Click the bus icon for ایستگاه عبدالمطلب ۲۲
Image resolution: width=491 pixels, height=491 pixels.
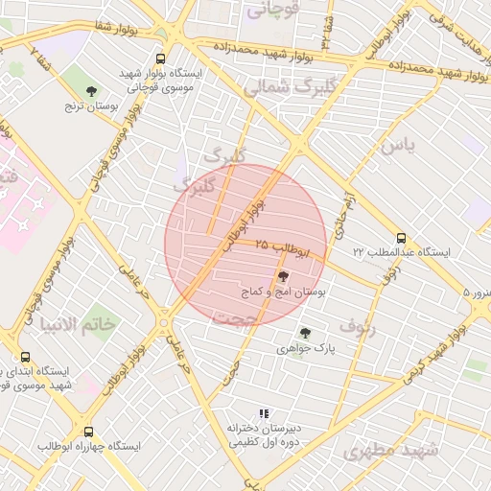click(x=401, y=239)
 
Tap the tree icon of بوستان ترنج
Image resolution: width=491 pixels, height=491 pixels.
click(x=91, y=92)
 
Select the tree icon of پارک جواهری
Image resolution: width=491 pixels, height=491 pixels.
click(x=305, y=333)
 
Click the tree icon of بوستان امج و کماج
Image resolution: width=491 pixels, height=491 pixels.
click(x=282, y=275)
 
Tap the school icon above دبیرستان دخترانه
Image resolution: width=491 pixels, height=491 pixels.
click(x=264, y=412)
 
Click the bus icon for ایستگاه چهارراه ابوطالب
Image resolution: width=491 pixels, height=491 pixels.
click(x=89, y=433)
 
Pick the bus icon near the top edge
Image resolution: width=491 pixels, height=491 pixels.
click(x=172, y=58)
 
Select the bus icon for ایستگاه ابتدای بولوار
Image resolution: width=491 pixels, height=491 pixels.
click(x=25, y=357)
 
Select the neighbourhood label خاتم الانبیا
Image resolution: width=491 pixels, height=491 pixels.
click(x=79, y=324)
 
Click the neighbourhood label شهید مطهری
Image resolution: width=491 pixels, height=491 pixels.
click(x=391, y=450)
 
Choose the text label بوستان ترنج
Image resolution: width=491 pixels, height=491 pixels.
click(x=92, y=108)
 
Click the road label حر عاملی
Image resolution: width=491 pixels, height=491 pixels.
click(x=178, y=350)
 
